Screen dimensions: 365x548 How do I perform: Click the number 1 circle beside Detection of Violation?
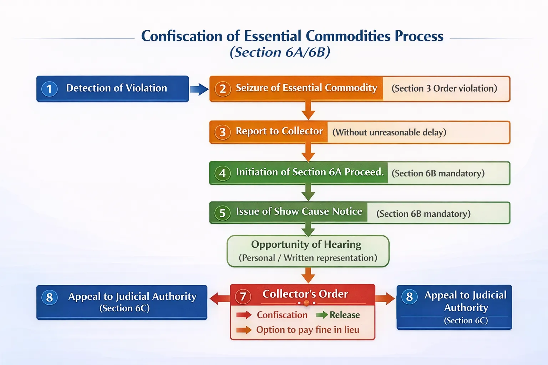[x=49, y=89]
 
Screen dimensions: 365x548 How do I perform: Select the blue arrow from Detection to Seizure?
[x=199, y=89]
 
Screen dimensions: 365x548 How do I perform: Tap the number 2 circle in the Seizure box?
[x=223, y=89]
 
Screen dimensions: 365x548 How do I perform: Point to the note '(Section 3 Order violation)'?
[x=444, y=88]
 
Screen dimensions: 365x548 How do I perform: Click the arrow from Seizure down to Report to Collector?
[x=308, y=110]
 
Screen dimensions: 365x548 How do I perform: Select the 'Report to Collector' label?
[x=279, y=131]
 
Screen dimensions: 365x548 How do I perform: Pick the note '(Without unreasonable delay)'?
[x=389, y=132]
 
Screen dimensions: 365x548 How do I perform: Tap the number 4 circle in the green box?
[x=222, y=173]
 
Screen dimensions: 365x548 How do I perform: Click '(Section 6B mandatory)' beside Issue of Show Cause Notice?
[x=423, y=214]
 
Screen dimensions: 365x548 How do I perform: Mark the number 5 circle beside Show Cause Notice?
[x=222, y=213]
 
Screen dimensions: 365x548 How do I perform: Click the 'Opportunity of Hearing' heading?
[x=306, y=244]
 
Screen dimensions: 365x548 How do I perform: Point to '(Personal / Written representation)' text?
[x=308, y=258]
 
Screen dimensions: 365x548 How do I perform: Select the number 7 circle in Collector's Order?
[x=243, y=296]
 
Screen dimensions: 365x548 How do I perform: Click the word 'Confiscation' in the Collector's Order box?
[x=282, y=315]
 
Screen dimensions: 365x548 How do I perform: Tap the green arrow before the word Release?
[x=321, y=315]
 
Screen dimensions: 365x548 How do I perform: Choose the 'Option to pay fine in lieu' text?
[x=308, y=330]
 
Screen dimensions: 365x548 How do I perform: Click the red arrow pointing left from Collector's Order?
[x=219, y=298]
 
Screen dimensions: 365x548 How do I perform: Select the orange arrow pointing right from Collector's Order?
[x=385, y=298]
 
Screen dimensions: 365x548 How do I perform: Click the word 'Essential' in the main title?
[x=273, y=36]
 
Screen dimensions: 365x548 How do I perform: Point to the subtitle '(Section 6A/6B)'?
[x=280, y=52]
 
